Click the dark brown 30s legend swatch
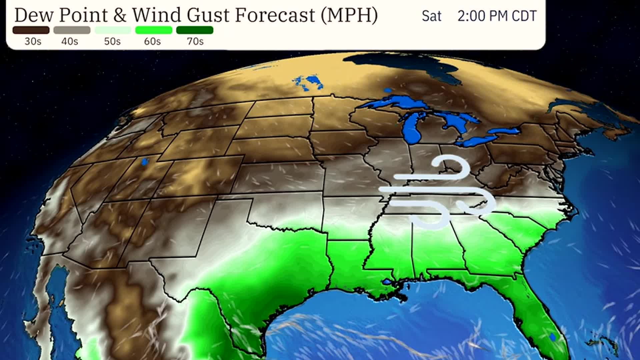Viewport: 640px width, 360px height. pos(31,30)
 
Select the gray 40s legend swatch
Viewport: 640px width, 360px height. pos(72,30)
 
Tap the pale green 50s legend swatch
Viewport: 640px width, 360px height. pos(113,30)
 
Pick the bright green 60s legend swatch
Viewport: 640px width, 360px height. pos(154,30)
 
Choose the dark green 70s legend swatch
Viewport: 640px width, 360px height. pos(195,30)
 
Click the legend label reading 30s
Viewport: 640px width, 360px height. pos(33,41)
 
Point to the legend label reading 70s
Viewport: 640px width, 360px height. pos(195,41)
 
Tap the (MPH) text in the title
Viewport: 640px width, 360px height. pos(349,15)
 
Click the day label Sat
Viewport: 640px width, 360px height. pos(431,16)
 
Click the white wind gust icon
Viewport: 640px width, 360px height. pos(437,193)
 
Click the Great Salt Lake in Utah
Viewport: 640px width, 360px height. pos(144,162)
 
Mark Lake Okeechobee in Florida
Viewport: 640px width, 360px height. pos(553,337)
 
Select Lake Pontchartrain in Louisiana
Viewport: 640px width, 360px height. pos(387,282)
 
